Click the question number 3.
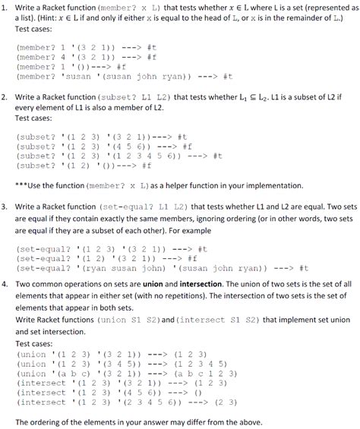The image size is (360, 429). click(5, 206)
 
